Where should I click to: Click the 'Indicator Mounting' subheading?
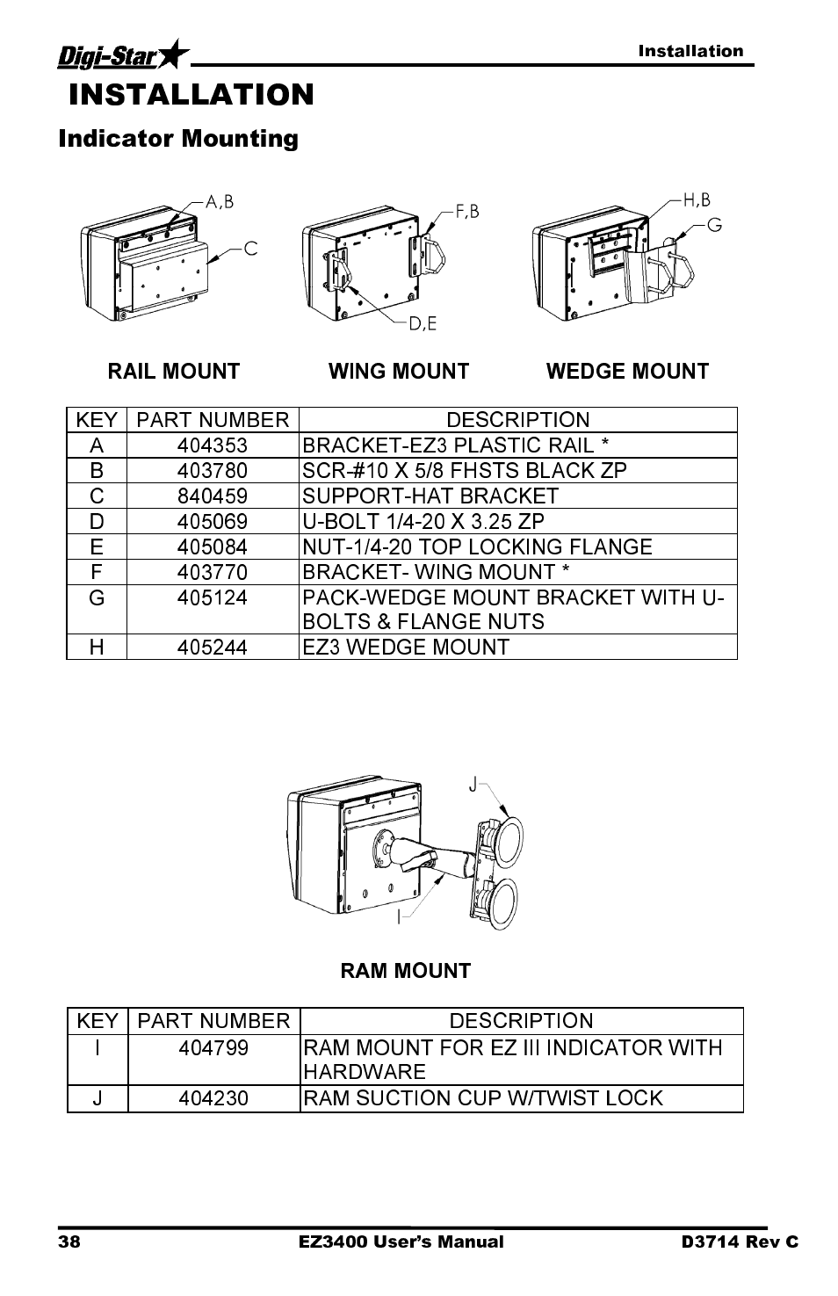(178, 139)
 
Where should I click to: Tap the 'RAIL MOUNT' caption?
(173, 372)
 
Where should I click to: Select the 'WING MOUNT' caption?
(399, 372)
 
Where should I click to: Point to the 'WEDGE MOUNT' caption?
(627, 372)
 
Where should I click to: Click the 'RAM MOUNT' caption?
(406, 971)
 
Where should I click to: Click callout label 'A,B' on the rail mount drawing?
(220, 202)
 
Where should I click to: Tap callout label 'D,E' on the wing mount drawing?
(423, 324)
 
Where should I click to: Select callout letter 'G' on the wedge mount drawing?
(714, 226)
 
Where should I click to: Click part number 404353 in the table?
(213, 445)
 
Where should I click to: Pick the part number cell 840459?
(213, 496)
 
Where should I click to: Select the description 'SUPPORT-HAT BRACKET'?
(430, 496)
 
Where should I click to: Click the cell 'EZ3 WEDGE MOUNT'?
(406, 648)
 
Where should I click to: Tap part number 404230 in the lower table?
(213, 1098)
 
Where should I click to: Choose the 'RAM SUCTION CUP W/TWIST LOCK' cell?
(482, 1098)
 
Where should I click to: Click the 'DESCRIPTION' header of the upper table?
(517, 420)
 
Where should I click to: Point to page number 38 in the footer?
(69, 1242)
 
